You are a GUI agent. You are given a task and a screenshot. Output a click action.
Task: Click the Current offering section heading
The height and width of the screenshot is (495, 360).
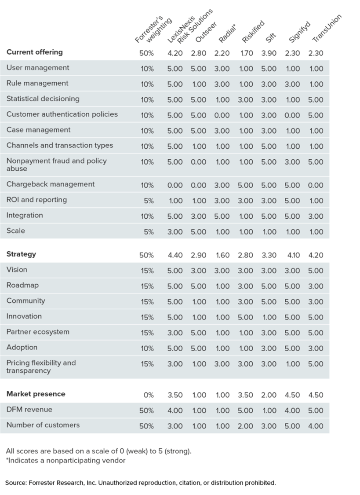coord(35,52)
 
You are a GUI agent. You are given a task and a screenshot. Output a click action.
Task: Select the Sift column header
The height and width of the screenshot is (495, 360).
coord(270,37)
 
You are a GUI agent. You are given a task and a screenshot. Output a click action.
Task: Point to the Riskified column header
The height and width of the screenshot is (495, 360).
coord(253,31)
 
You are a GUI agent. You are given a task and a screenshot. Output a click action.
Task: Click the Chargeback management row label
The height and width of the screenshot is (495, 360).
coord(51,184)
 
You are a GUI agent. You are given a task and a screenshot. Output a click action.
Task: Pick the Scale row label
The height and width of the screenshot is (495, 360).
coord(16,231)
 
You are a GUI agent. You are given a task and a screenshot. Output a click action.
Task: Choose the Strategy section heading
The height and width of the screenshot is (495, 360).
coord(21,254)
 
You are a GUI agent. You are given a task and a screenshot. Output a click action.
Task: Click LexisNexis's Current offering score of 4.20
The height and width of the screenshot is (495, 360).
coord(175,53)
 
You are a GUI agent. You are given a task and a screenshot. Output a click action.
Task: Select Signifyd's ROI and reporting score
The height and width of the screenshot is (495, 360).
coord(292,201)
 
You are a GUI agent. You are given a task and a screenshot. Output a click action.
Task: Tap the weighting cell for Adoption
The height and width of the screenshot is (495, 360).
coord(147,348)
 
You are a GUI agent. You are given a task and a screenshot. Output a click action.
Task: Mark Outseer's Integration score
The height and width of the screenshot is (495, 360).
coord(198,216)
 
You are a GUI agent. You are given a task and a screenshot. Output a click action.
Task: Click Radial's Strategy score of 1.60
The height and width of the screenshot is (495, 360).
coord(222,255)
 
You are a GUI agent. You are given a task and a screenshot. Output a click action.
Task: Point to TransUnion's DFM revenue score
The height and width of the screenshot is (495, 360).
coord(316,411)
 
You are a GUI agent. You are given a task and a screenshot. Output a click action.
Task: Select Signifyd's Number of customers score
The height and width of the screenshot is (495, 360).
coord(292,426)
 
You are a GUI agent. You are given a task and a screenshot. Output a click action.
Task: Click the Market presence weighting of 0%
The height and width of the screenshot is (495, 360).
coord(149,395)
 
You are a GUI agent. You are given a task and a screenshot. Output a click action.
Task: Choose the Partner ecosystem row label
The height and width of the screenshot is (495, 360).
coord(38,332)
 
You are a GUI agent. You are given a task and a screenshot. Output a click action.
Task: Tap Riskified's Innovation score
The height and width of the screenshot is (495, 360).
coord(245,317)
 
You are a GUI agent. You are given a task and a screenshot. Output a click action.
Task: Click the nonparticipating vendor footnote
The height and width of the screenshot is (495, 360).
coord(65,461)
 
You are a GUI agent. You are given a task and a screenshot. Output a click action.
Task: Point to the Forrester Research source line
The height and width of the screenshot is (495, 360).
coord(141,483)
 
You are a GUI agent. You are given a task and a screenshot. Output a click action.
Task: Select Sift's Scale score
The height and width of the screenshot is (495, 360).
coord(269,232)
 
